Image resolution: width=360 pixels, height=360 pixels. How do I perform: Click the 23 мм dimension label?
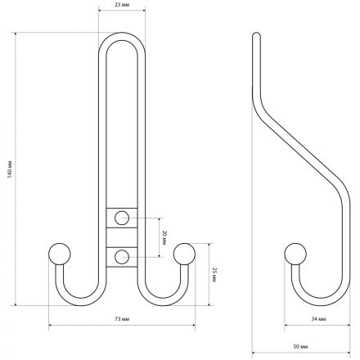point(122,5)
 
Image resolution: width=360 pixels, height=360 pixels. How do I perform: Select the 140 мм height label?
point(10,169)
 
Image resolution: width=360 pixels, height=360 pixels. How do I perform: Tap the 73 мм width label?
point(122,319)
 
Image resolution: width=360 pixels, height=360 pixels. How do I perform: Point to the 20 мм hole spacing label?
point(164,237)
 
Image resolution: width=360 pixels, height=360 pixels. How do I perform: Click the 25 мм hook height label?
point(214,275)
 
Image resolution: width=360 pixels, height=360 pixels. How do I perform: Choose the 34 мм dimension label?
point(318,319)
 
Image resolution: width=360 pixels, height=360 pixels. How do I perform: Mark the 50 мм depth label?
point(300,347)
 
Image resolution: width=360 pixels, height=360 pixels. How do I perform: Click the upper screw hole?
point(122,218)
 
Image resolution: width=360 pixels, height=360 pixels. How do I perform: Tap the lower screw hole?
point(122,257)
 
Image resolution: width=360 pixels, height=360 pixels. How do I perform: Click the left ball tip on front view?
point(60,254)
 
